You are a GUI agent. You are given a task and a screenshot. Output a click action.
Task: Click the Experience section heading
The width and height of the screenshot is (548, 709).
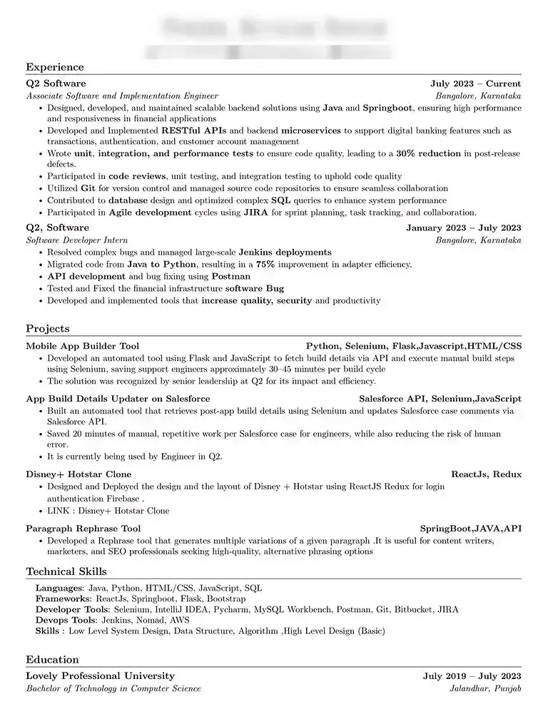(x=55, y=67)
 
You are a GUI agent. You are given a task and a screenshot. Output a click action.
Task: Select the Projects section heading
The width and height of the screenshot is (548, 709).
(x=48, y=329)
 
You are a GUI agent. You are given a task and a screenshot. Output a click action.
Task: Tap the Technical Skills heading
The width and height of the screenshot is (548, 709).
(x=66, y=571)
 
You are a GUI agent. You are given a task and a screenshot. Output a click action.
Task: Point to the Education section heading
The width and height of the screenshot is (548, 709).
(x=52, y=660)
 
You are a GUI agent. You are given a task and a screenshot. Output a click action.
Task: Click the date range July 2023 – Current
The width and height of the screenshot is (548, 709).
(x=475, y=83)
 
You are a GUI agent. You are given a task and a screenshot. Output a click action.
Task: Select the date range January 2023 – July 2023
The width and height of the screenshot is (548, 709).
(x=463, y=228)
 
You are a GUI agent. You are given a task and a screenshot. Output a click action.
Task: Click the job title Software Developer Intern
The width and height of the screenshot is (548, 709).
(x=77, y=240)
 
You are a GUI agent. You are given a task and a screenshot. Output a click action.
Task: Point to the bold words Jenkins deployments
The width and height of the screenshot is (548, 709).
(x=285, y=252)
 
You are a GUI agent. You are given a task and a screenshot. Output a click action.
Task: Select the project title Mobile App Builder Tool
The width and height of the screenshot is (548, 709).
(x=83, y=346)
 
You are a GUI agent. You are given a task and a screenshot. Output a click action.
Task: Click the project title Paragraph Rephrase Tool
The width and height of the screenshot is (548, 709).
(x=83, y=529)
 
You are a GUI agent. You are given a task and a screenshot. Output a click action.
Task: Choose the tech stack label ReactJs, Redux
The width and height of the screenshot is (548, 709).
(x=486, y=474)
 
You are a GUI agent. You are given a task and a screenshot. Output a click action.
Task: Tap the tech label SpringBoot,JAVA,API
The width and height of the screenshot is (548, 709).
(x=470, y=529)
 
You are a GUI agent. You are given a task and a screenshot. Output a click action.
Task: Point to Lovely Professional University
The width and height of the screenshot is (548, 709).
(x=100, y=676)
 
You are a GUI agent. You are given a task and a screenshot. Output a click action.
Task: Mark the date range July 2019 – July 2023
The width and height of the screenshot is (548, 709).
(x=472, y=676)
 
